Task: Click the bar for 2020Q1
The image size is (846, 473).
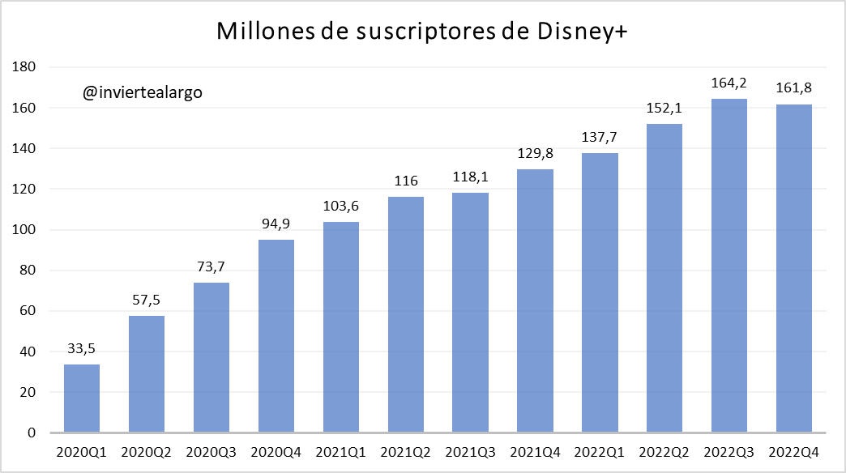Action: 82,398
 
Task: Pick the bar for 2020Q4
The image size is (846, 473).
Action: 276,336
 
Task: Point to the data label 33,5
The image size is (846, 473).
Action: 82,349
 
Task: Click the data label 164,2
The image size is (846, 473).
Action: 729,83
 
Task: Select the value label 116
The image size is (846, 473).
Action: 405,181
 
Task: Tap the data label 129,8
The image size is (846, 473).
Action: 535,153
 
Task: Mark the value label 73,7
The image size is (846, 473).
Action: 211,267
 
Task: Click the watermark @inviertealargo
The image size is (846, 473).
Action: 142,92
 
